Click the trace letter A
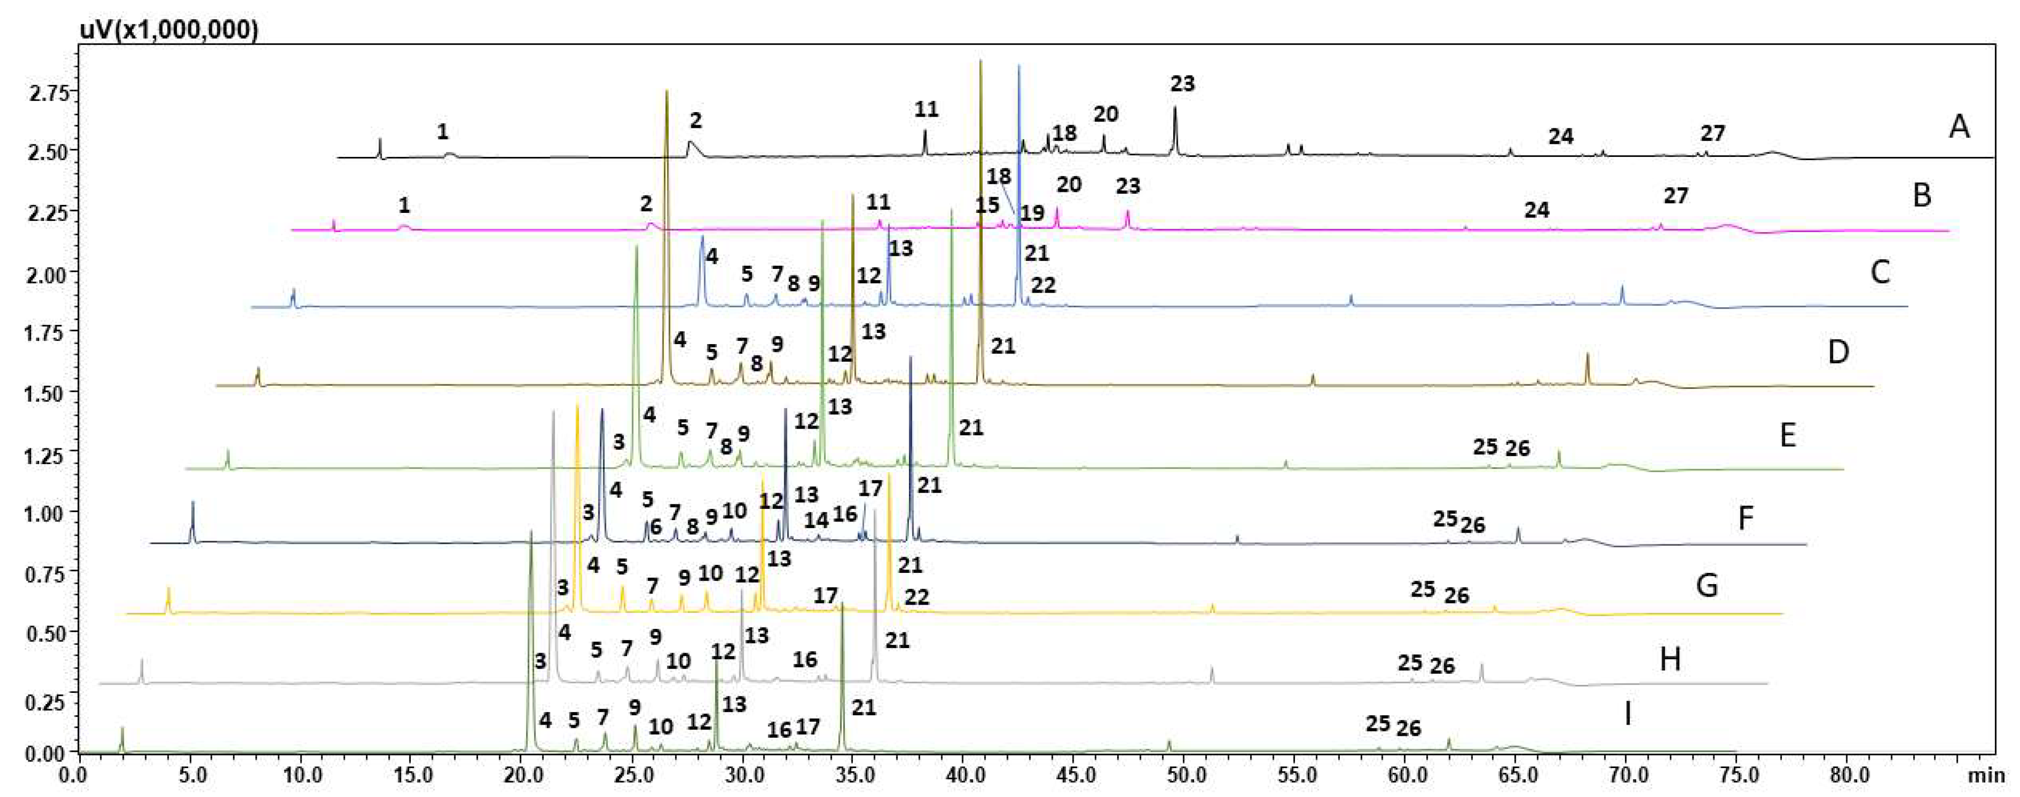coord(1959,126)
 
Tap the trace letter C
coord(1879,272)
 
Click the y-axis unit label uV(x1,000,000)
coord(169,30)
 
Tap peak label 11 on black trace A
coord(926,109)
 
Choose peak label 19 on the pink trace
coord(1032,212)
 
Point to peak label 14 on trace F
coord(816,520)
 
